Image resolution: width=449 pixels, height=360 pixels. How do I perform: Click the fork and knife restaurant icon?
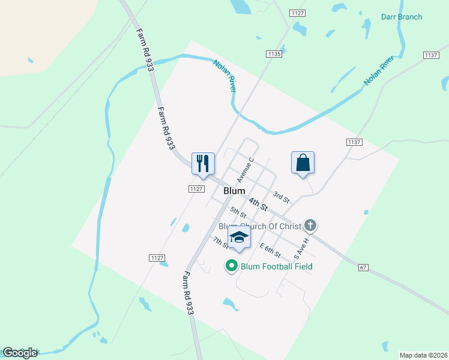click(203, 163)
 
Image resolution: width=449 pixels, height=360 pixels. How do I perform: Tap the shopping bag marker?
click(303, 163)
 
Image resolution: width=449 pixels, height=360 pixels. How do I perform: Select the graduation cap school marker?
click(239, 237)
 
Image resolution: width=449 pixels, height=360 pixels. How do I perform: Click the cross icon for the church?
click(310, 226)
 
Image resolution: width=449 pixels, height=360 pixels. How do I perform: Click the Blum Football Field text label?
click(276, 266)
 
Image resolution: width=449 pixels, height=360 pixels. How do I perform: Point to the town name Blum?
click(234, 191)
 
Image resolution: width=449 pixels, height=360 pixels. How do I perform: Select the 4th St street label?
click(259, 203)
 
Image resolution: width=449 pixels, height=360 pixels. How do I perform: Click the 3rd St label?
click(281, 196)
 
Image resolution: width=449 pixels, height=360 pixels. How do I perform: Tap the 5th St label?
click(238, 212)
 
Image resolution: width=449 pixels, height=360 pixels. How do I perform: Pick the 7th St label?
click(220, 242)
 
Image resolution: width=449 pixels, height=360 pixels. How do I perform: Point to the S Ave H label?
click(300, 248)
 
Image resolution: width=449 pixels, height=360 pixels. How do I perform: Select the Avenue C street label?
click(246, 170)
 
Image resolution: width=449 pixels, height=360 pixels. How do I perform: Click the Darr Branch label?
click(402, 17)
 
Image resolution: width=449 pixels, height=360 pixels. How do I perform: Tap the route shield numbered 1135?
click(274, 54)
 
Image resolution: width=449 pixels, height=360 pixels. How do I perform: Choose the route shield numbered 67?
click(363, 266)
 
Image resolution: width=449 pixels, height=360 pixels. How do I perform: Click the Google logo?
click(20, 353)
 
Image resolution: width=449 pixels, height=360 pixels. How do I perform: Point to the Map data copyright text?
click(423, 355)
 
